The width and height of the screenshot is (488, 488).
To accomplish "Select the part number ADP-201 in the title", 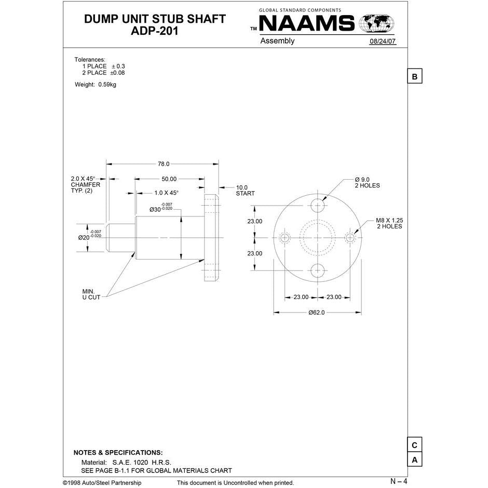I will (155, 31).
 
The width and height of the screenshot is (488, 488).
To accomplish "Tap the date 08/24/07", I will (383, 42).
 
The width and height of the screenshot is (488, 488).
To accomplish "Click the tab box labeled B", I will (414, 77).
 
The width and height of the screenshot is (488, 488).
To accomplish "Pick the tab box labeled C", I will (414, 445).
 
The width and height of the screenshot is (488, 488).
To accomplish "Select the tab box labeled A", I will (414, 460).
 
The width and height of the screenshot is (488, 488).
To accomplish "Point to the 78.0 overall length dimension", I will (164, 164).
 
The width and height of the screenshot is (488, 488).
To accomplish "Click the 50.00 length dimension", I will (169, 179).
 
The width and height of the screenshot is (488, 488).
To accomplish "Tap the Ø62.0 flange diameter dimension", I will (316, 313).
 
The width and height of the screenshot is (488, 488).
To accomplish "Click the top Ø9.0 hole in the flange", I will (318, 205).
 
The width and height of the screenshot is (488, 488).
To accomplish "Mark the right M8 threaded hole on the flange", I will (350, 238).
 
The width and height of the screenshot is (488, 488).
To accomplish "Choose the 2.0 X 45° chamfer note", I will (85, 184).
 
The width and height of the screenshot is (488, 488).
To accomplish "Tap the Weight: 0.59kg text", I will (96, 85).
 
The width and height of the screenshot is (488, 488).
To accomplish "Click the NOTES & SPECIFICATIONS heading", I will (118, 453).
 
